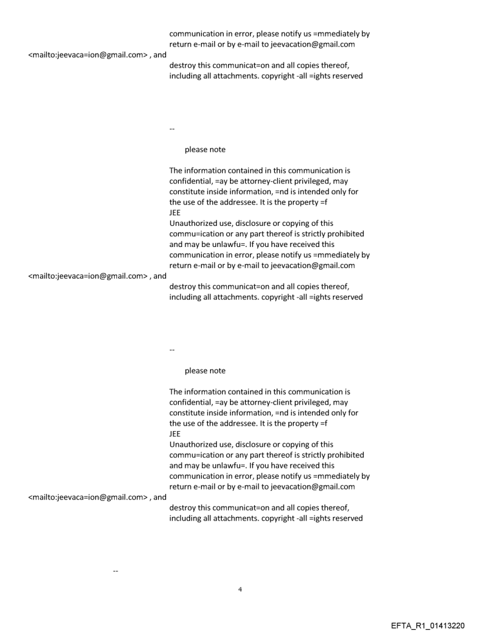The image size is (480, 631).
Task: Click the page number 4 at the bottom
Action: point(239,589)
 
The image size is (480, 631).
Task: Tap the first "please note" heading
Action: point(205,149)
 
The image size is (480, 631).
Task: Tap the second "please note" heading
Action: point(205,370)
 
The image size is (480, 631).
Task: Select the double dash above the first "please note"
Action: point(172,129)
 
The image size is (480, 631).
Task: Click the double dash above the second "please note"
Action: point(172,350)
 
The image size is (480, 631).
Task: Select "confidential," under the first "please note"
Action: point(190,181)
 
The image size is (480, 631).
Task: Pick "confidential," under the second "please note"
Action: point(190,402)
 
